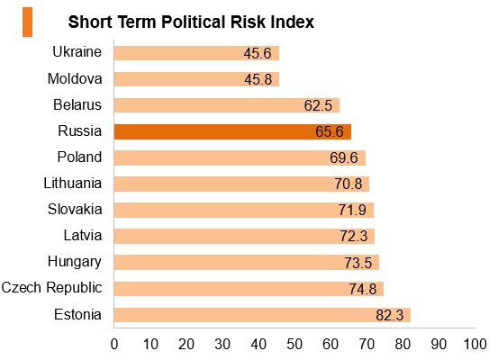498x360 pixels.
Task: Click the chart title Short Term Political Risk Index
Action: coord(191,22)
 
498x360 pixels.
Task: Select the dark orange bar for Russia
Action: coord(232,131)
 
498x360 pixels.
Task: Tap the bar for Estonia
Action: coord(262,315)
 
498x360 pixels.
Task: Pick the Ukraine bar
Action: coord(196,53)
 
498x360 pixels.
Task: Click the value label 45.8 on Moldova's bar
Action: coord(258,79)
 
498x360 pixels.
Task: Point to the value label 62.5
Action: coord(318,105)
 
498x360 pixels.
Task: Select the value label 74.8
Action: coord(363,289)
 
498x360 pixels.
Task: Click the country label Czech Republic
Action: coord(51,288)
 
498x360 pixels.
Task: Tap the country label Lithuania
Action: coord(73,184)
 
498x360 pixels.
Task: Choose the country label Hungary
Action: coord(75,262)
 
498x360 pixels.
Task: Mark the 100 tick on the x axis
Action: coord(475,345)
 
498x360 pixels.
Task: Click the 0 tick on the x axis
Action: coord(114,345)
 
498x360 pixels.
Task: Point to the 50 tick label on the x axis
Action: coord(294,345)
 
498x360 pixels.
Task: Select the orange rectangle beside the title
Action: coord(27,22)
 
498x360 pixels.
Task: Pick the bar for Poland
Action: coord(240,157)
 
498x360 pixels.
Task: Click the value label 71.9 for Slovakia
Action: coord(352,211)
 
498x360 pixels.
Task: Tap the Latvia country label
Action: coord(83,236)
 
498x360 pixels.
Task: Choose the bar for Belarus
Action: coord(227,105)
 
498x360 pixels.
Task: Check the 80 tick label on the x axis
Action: coord(403,345)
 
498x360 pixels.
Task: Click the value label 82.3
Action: coord(390,315)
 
